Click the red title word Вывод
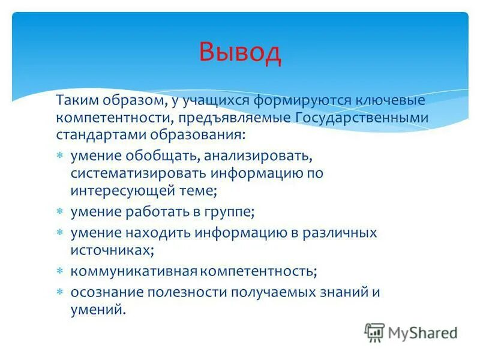coord(240,52)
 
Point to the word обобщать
coord(163,157)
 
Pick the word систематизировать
coord(139,174)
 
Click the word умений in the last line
coord(97,310)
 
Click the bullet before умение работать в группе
coord(60,212)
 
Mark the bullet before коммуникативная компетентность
coord(60,271)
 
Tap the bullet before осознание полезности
coord(60,292)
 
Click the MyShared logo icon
coord(374,332)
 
